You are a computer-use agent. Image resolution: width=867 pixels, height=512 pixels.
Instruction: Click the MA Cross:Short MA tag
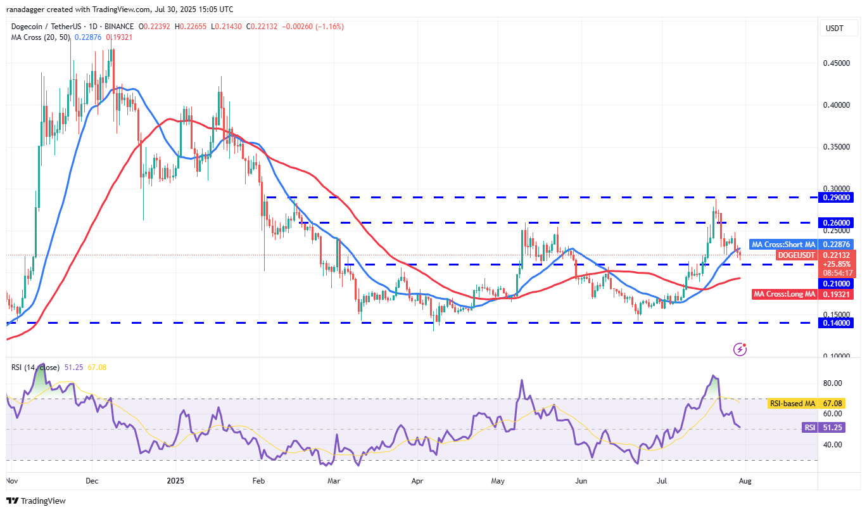click(783, 245)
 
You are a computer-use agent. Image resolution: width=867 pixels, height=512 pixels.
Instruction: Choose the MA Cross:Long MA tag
click(783, 294)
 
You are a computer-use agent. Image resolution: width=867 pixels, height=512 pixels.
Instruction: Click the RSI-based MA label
click(792, 403)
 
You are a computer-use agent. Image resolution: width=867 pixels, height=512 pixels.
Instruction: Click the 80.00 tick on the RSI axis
click(833, 383)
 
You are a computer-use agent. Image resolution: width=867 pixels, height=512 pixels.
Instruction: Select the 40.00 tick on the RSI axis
click(833, 445)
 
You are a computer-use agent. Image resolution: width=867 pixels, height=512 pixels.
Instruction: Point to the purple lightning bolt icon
click(740, 349)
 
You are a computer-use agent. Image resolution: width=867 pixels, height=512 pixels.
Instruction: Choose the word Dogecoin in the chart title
click(27, 27)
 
